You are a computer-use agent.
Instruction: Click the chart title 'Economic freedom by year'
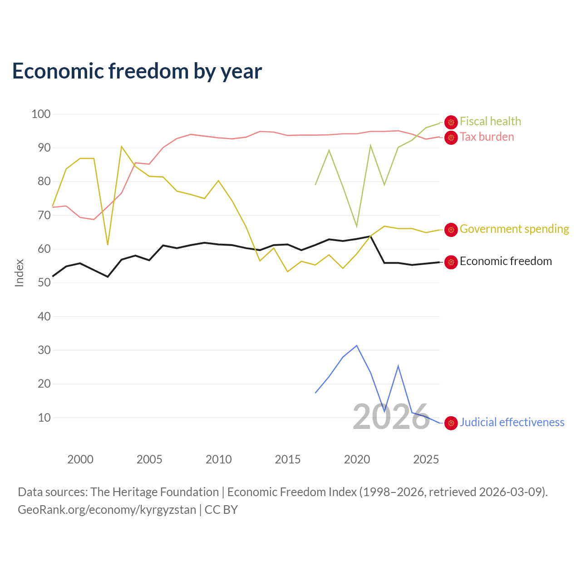137,71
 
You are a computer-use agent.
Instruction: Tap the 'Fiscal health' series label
490,121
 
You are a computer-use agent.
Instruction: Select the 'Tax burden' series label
487,137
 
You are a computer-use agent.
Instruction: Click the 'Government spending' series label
514,229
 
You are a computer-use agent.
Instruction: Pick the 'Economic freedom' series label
506,261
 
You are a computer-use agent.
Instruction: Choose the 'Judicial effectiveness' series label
512,422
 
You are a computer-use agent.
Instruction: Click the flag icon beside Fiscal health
451,122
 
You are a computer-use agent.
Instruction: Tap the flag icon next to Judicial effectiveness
451,423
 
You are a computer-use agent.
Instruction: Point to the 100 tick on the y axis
41,114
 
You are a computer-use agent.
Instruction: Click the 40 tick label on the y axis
44,316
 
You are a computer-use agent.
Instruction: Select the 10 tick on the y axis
44,418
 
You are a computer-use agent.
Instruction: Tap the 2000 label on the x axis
80,459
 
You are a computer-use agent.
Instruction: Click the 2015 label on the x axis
288,459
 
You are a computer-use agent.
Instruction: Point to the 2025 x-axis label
426,459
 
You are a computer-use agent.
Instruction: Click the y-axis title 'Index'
20,273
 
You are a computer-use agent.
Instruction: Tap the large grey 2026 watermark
391,417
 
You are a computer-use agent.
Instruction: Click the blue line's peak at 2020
357,345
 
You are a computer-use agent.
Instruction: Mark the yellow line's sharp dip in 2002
108,245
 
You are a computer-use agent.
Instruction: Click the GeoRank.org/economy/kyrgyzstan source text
107,510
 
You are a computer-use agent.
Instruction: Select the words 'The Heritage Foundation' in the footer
155,492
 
